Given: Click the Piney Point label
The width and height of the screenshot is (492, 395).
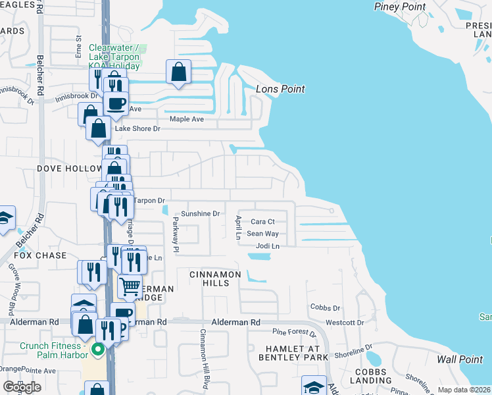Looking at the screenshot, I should pyautogui.click(x=401, y=7).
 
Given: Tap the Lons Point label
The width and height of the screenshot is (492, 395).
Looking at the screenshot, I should pyautogui.click(x=280, y=89).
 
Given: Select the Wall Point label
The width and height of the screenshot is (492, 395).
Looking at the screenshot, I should pyautogui.click(x=460, y=359).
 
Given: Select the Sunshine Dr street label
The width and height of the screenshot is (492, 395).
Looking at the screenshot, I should pyautogui.click(x=200, y=214).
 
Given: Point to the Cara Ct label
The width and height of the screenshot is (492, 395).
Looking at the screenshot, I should pyautogui.click(x=262, y=222).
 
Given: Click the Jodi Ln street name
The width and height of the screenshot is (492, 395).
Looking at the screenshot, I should pyautogui.click(x=268, y=246).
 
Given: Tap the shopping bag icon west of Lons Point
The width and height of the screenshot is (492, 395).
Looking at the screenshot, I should pyautogui.click(x=179, y=72).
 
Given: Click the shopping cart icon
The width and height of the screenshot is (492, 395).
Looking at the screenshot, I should pyautogui.click(x=130, y=287).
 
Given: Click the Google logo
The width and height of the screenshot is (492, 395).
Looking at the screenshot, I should pyautogui.click(x=22, y=387).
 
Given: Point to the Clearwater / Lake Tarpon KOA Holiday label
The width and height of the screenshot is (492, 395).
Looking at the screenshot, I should pyautogui.click(x=114, y=57).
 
